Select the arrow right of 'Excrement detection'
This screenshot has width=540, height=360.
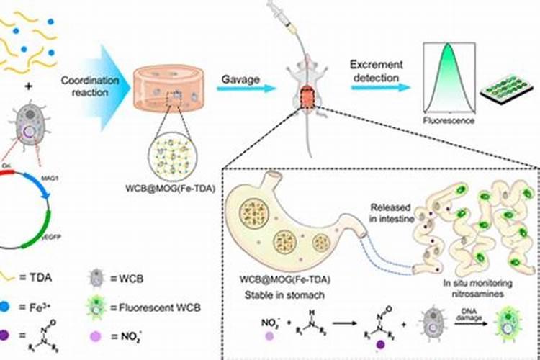coord(380,88)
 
